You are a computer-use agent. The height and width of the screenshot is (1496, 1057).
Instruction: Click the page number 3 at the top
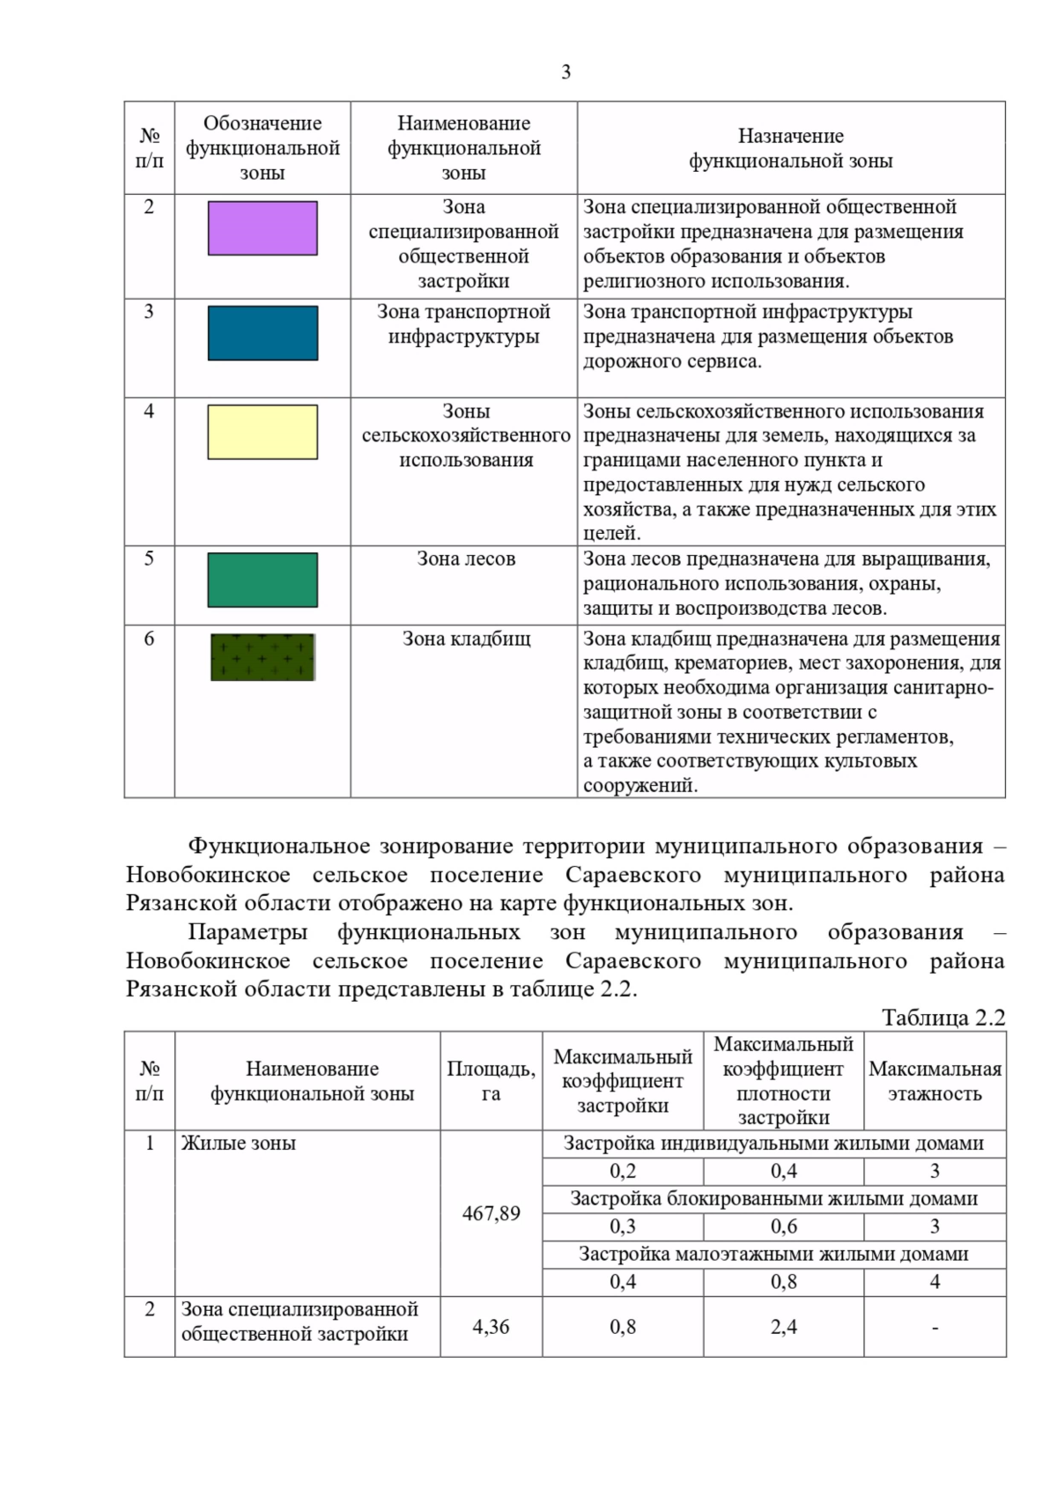(x=565, y=72)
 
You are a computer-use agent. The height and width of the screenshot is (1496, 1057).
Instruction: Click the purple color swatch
(x=262, y=228)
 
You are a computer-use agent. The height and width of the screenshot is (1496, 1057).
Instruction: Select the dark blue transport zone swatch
(x=262, y=333)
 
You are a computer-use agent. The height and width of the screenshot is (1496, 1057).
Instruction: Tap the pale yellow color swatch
(x=262, y=432)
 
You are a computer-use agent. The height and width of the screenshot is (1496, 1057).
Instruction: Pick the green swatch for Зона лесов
(x=262, y=580)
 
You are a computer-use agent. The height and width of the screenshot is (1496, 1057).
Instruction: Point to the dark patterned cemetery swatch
(x=262, y=657)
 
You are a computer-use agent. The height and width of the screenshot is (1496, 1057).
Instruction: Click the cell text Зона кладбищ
(x=466, y=639)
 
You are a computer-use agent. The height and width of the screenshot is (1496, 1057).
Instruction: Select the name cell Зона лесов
(x=466, y=559)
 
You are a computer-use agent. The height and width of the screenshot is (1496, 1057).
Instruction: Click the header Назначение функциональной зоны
(x=790, y=148)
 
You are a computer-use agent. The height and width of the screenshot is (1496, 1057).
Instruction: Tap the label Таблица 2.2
(x=943, y=1018)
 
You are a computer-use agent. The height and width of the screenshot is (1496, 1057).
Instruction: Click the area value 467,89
(x=491, y=1213)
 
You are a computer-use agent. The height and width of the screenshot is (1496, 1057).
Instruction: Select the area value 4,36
(x=491, y=1326)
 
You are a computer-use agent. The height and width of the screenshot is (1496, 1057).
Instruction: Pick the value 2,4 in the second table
(x=783, y=1326)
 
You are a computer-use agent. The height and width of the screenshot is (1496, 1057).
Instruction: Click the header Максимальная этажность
(x=935, y=1081)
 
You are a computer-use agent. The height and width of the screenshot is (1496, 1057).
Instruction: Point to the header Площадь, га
(x=491, y=1081)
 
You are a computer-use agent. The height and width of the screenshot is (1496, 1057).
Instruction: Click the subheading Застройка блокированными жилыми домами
(x=773, y=1198)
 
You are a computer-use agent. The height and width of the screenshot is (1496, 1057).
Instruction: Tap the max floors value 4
(x=935, y=1282)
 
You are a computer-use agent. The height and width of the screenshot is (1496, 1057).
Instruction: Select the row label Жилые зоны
(x=238, y=1144)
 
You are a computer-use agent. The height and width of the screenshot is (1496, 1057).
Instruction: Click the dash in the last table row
(x=935, y=1327)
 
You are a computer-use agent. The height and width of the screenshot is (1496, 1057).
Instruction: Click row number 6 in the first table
(x=149, y=639)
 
